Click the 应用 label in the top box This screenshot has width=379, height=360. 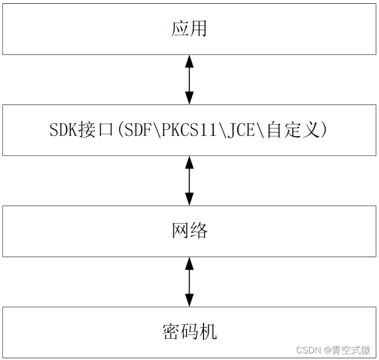coord(189,29)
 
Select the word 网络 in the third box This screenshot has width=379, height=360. coord(189,231)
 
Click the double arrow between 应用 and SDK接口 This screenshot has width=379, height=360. coord(189,80)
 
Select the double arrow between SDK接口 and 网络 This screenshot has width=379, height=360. coord(189,181)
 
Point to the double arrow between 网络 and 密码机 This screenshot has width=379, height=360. coord(189,282)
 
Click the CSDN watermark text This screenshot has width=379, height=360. coord(310,350)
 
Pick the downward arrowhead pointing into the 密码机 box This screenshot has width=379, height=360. coord(189,301)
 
